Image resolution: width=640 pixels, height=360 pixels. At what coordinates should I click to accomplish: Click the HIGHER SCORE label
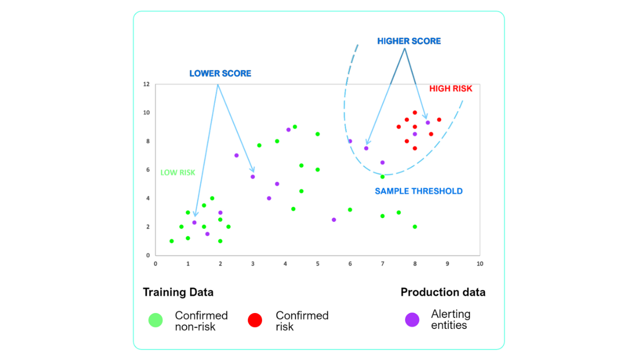pos(409,41)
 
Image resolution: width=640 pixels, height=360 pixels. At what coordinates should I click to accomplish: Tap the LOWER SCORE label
pos(220,73)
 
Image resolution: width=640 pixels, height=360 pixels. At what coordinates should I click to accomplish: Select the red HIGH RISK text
pos(450,88)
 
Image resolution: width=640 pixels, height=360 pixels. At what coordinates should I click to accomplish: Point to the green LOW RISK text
pos(177,172)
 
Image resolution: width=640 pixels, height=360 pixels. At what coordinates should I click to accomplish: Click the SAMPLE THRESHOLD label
pos(418,191)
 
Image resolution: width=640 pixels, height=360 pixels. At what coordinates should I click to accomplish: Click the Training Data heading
pos(178,292)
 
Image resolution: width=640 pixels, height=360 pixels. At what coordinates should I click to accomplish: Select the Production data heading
pos(443,292)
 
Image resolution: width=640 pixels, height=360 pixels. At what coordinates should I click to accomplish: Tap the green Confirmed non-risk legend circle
pos(155,320)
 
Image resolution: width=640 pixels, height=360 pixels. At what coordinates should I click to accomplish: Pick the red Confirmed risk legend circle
pos(255,320)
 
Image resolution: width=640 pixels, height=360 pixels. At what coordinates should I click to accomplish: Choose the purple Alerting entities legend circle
pos(412,319)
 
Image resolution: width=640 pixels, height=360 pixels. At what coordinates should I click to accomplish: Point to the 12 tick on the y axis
pos(146,84)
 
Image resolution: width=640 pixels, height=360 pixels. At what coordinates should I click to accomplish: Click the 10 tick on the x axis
pos(479,263)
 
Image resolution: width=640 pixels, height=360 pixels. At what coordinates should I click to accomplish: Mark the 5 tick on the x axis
pos(317,263)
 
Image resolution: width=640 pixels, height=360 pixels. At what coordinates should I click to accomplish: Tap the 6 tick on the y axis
pos(147,169)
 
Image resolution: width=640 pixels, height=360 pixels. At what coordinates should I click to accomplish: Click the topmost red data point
pos(415,112)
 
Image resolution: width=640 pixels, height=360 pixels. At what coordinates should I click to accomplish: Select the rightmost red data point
pos(439,119)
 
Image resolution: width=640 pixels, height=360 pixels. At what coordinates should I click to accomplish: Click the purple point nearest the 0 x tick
pos(194,222)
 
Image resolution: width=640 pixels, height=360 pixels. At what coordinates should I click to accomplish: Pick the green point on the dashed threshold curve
pos(382,177)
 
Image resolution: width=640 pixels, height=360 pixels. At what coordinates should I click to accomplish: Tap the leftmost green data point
pos(171,241)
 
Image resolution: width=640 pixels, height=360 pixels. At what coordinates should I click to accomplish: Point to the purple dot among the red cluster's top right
pos(427,122)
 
